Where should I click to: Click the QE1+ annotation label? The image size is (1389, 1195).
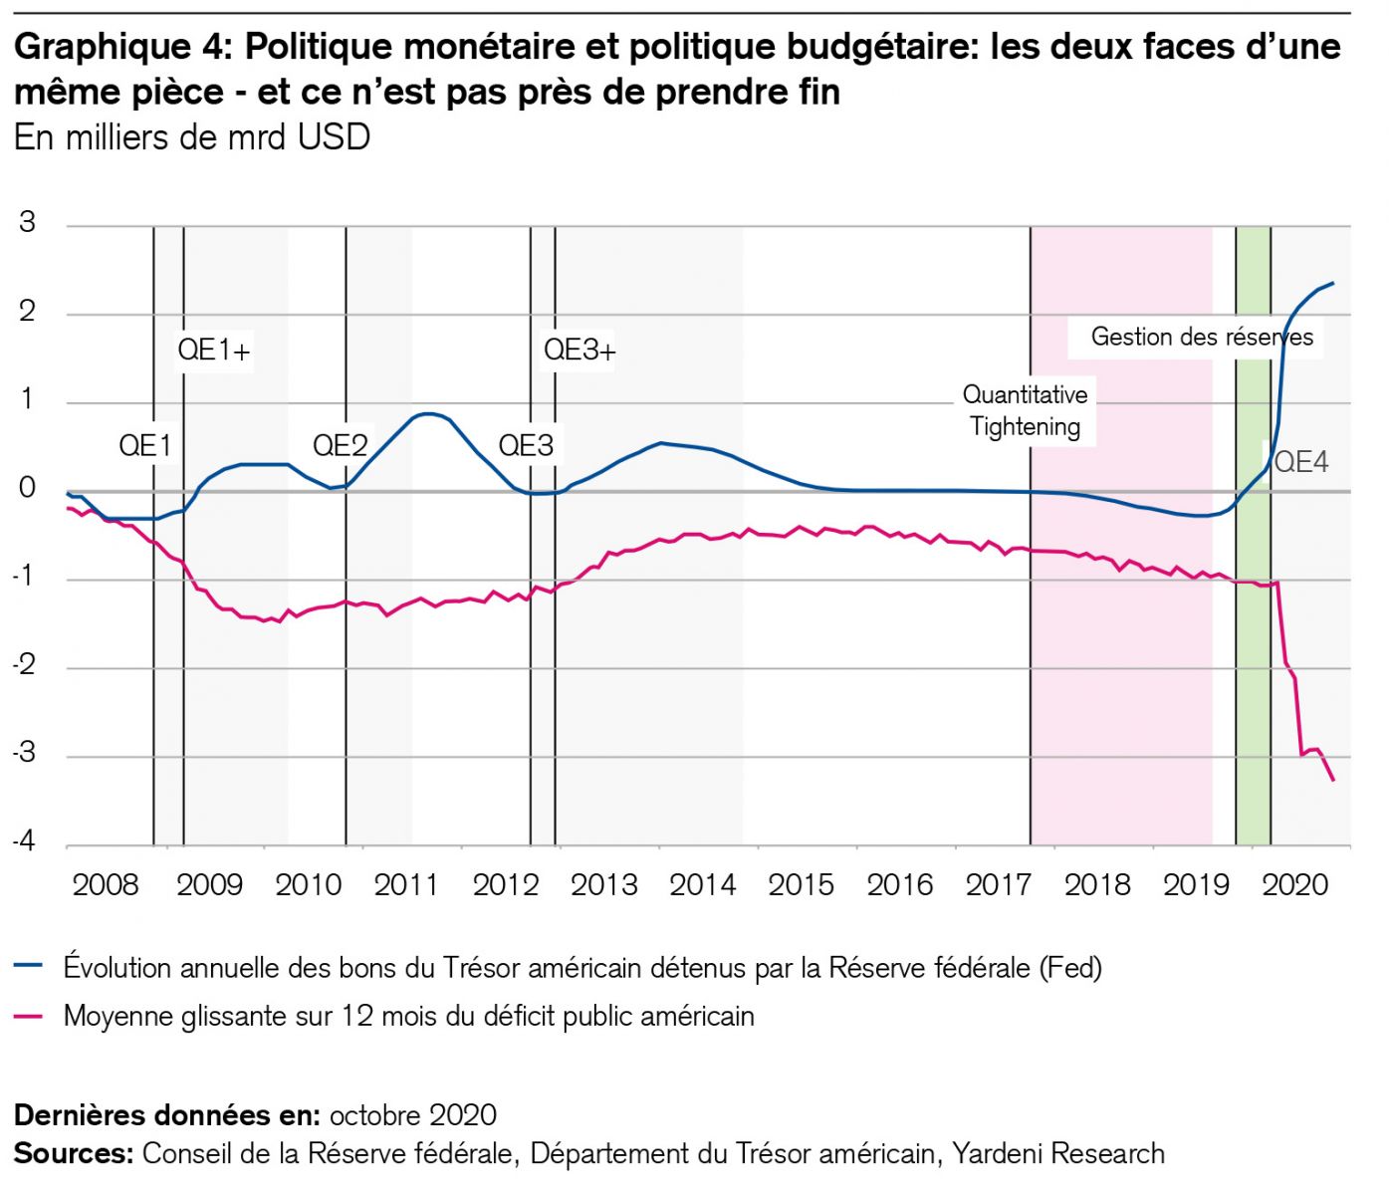pos(214,350)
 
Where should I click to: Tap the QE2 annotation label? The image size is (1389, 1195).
pos(341,445)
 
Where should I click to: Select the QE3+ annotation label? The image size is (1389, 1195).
pos(579,350)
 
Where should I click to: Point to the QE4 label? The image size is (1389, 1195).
pos(1301,462)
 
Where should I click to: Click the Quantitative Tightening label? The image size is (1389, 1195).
pos(1025,410)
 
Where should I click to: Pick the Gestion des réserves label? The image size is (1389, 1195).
pos(1201,337)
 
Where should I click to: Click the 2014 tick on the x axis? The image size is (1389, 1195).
pos(702,884)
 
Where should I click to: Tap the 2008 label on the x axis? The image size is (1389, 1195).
pos(106,884)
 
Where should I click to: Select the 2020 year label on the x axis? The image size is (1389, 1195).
pos(1294,884)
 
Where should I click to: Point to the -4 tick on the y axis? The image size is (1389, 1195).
pos(24,841)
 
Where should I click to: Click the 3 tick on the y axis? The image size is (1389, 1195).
pos(27,222)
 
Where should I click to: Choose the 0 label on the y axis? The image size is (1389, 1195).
pos(27,487)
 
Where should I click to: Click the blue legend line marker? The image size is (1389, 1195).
pos(29,966)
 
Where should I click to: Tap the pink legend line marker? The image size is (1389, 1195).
pos(29,1016)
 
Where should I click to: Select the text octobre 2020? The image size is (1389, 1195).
pos(412,1114)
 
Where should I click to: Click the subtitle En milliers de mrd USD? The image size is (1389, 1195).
pos(192,137)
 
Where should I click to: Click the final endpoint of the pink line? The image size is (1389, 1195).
pos(1333,780)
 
